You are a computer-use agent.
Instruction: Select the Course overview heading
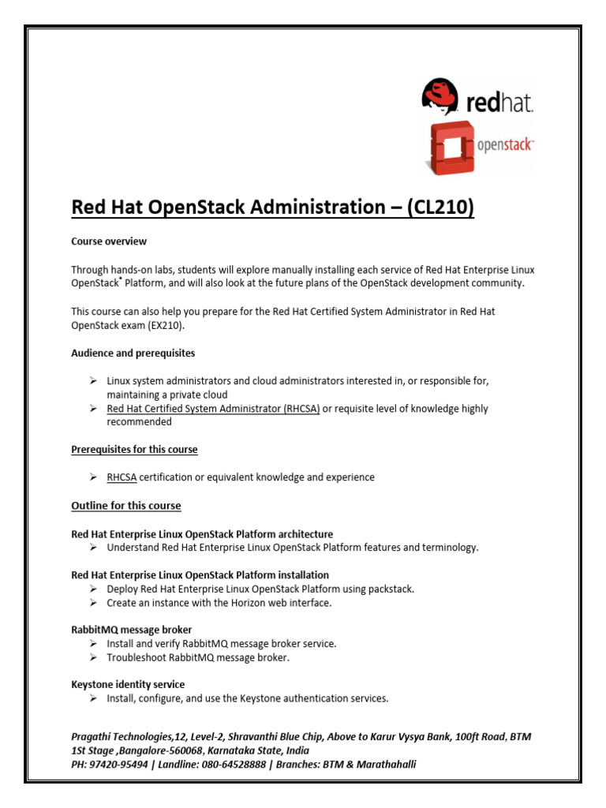pos(109,241)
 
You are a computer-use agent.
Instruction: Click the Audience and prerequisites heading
pos(133,353)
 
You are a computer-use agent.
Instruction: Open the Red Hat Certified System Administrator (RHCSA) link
pos(213,409)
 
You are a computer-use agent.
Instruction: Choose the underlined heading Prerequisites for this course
pos(134,450)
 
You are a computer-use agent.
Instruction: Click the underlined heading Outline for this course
pos(126,506)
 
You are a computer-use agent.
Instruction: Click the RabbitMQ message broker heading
pos(131,630)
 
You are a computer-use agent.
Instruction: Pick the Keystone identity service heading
pos(128,684)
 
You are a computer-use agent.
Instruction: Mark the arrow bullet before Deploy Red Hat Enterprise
pos(93,589)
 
